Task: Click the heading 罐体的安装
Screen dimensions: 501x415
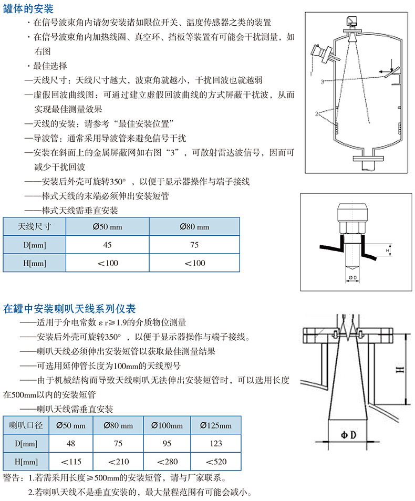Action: (x=28, y=9)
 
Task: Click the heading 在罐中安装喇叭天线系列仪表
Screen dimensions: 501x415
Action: (x=69, y=308)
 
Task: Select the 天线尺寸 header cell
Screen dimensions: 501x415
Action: (x=34, y=227)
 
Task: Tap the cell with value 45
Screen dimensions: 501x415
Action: (x=107, y=245)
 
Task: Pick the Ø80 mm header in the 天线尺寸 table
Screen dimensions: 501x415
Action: (x=194, y=227)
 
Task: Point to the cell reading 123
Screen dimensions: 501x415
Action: (x=216, y=443)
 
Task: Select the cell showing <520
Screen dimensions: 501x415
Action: (x=216, y=462)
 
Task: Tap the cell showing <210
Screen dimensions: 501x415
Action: (x=118, y=462)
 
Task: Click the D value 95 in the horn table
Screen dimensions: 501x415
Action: (x=167, y=443)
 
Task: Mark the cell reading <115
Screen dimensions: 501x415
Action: (x=70, y=462)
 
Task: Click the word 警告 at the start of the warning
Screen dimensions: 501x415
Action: (x=12, y=478)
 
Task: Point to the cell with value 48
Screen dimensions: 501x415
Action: (x=70, y=443)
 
